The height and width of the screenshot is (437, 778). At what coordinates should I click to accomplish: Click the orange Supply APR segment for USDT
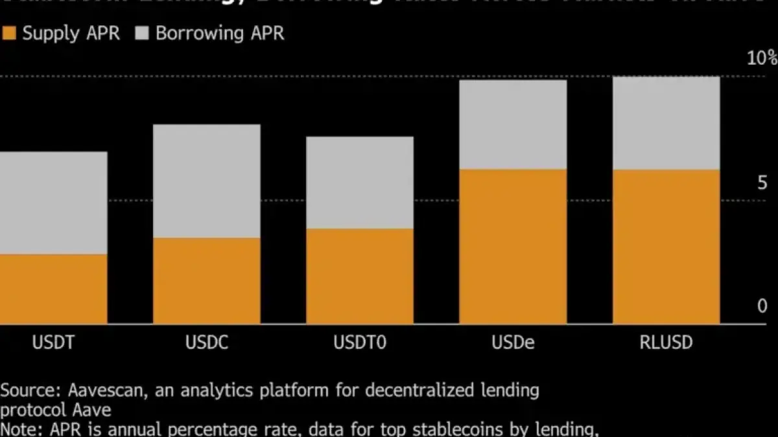coord(53,289)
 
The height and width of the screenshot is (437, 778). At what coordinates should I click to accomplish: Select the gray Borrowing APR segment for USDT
coord(53,203)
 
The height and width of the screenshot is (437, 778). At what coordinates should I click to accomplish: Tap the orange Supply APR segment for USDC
coord(207,280)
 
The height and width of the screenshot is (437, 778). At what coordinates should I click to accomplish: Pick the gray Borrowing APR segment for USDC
coord(207,181)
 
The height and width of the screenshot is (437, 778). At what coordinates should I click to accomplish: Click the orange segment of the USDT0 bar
coord(360,276)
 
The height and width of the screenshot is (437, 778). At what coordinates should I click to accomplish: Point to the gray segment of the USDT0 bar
coord(360,182)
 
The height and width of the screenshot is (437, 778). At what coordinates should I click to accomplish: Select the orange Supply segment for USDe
coord(513,246)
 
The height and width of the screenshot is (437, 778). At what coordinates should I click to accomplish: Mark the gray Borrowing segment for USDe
coord(513,124)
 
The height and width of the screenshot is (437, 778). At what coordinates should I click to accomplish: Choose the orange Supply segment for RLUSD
coord(666,247)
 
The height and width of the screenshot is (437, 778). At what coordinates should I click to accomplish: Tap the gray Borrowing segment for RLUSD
coord(666,123)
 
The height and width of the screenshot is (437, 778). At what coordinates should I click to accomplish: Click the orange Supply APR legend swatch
coord(9,34)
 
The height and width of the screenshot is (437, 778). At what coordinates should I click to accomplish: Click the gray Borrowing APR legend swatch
coord(142,34)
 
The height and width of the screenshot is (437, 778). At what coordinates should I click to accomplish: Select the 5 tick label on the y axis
coord(762,184)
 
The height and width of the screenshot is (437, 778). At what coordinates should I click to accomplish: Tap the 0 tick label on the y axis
coord(762,306)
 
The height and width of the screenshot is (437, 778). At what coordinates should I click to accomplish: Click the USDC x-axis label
coord(207,342)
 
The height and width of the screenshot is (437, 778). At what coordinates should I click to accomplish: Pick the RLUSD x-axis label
coord(666,342)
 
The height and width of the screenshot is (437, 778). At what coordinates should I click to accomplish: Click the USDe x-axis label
coord(513,342)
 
